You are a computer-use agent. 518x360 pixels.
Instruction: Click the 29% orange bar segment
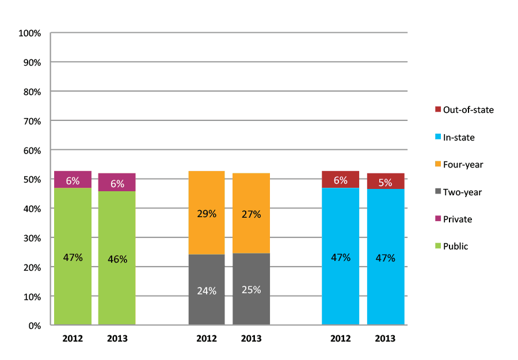207,213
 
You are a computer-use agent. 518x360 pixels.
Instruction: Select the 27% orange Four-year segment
251,214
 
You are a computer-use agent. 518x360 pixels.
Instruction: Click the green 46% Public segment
117,259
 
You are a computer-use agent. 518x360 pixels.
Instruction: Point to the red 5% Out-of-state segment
385,181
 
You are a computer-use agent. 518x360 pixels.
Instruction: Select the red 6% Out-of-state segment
341,180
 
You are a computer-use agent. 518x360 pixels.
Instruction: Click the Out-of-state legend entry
464,109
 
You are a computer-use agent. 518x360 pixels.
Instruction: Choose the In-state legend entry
455,137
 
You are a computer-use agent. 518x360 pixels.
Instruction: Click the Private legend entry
453,219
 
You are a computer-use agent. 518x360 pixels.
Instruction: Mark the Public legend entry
451,246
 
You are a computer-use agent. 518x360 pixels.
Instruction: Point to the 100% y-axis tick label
30,33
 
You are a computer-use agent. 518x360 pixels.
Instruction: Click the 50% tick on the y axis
32,180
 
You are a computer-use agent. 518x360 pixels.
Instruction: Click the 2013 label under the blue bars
385,339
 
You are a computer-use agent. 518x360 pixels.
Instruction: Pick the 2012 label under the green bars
73,339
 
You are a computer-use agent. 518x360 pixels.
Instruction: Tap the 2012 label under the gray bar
207,339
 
